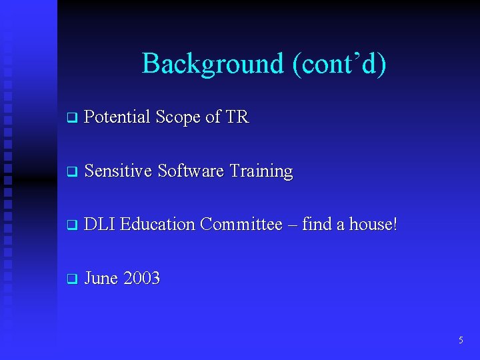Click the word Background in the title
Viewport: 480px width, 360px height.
(213, 64)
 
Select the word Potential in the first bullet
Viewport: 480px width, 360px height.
(117, 117)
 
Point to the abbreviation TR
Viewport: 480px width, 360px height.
(237, 117)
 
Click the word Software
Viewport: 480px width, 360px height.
(191, 171)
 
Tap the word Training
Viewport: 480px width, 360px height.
(261, 172)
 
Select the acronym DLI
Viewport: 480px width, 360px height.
(100, 225)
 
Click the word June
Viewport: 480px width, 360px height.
(101, 278)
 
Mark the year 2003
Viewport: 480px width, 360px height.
(141, 278)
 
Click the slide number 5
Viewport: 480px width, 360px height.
(461, 341)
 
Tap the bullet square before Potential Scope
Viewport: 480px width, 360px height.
(72, 119)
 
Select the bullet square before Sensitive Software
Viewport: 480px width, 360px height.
(72, 172)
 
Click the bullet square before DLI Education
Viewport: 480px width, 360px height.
(72, 225)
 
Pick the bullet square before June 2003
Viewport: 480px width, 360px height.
(72, 279)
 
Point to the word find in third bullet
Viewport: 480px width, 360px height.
(316, 225)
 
